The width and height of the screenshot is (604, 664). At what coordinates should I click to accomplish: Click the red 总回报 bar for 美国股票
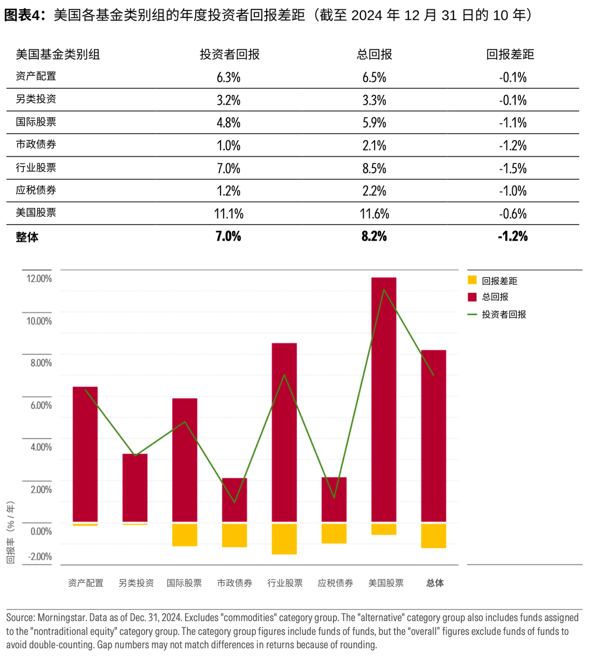tap(384, 405)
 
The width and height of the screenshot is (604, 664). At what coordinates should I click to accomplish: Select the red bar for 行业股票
tap(284, 436)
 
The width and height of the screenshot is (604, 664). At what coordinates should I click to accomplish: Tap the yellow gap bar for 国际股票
tap(185, 535)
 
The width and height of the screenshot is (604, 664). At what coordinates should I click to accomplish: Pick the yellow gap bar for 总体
tap(434, 536)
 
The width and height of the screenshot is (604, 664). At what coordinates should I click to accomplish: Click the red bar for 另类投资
tap(135, 488)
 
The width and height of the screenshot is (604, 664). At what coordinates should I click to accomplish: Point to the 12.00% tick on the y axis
tap(39, 279)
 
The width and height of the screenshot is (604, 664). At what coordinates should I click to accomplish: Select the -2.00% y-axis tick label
tap(40, 557)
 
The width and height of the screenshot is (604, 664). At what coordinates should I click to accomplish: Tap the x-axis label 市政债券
tap(235, 583)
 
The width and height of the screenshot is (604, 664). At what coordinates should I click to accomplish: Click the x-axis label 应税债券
tap(335, 583)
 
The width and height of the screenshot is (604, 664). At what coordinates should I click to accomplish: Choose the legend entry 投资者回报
tap(503, 314)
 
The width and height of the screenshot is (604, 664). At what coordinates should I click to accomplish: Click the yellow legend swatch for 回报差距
tap(472, 280)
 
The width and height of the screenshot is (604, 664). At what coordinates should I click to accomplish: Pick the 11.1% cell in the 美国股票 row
tap(228, 214)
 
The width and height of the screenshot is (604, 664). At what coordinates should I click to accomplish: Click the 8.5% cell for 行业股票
tap(374, 169)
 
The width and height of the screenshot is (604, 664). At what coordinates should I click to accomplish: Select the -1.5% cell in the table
tap(513, 169)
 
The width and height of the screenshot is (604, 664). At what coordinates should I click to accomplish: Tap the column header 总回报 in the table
tap(374, 54)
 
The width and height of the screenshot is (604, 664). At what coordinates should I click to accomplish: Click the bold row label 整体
tap(27, 237)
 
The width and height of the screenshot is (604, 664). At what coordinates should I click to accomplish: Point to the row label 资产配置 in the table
tap(36, 76)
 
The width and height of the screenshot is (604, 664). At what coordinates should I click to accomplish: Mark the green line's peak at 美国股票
tap(384, 289)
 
